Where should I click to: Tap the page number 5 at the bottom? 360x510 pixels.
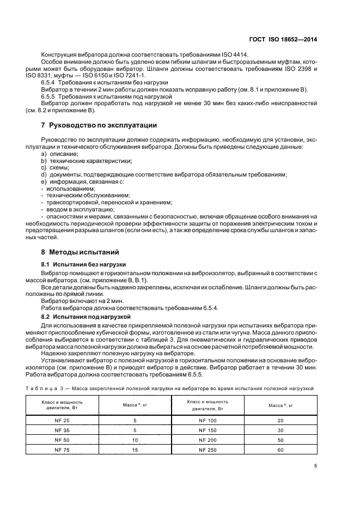point(315,466)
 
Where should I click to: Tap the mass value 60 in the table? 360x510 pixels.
point(281,450)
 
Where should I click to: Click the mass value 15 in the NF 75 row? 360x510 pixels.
point(135,450)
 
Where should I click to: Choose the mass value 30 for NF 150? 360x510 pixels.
point(281,430)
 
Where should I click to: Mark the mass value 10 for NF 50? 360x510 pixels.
point(135,440)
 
